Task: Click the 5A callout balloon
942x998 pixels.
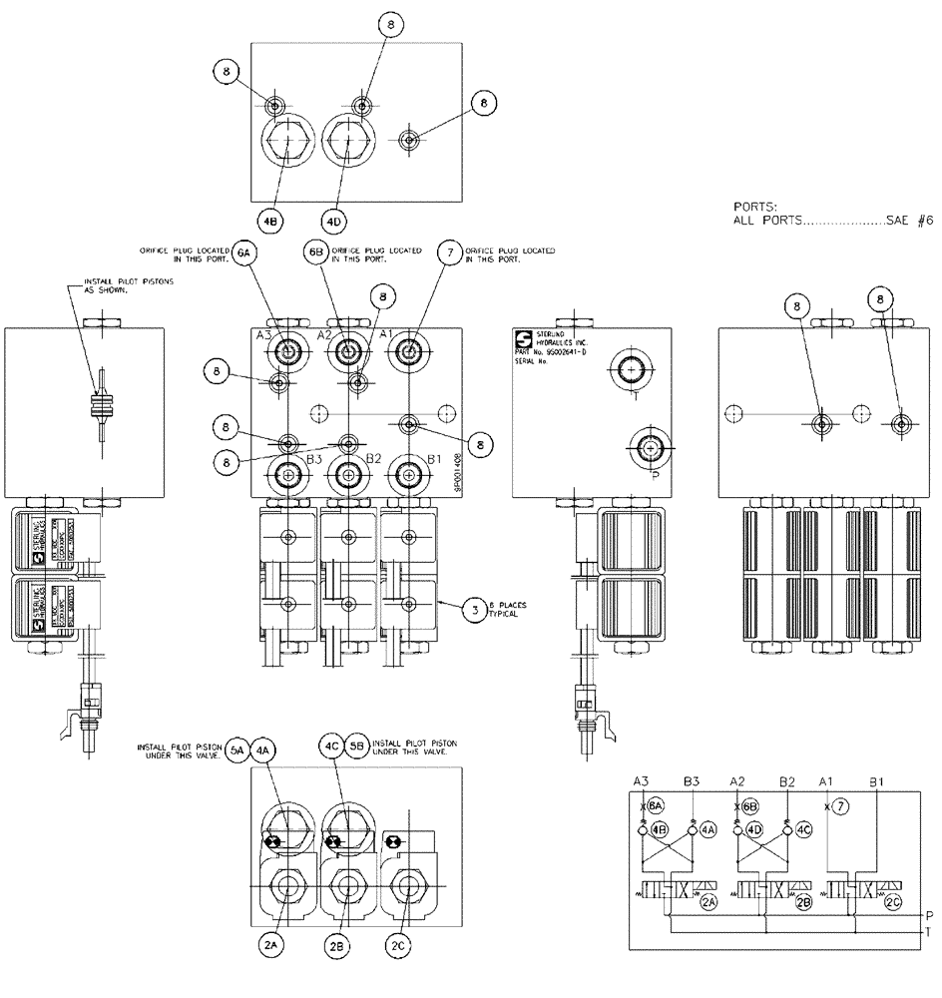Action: (235, 748)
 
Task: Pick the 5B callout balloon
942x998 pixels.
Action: (357, 748)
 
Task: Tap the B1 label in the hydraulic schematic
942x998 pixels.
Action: (875, 780)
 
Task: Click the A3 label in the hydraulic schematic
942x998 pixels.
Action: (643, 780)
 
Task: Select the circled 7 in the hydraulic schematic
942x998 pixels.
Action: (840, 805)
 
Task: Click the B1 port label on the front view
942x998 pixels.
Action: (434, 458)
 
